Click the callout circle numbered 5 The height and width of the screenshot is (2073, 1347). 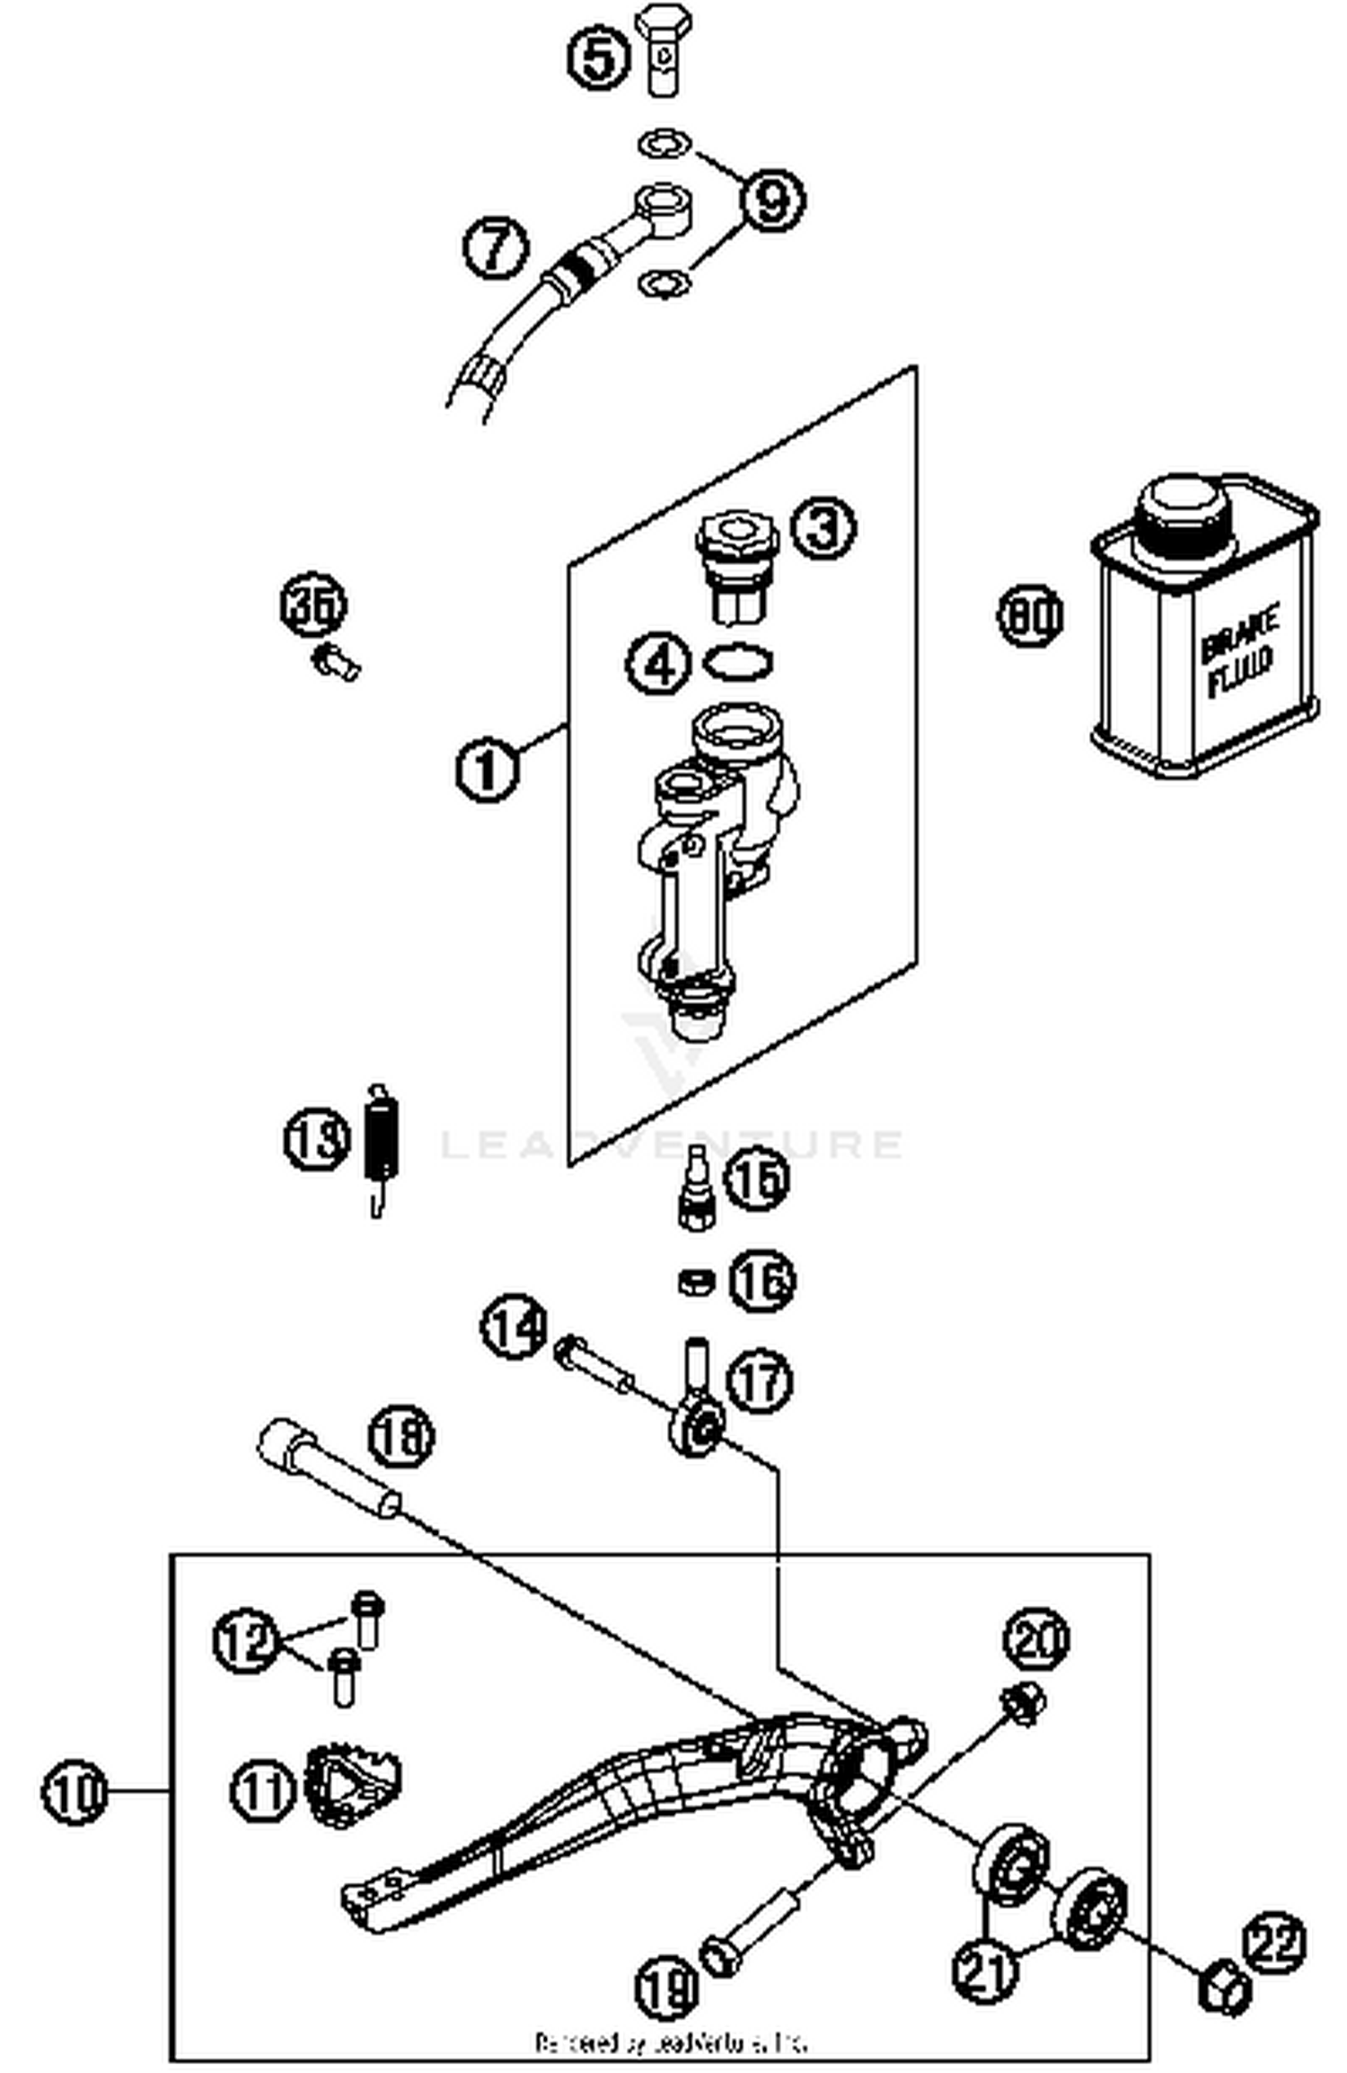pyautogui.click(x=598, y=59)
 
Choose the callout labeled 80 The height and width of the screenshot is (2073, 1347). pyautogui.click(x=1030, y=615)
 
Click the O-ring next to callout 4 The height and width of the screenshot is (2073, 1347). pyautogui.click(x=738, y=663)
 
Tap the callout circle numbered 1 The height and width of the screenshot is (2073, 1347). pyautogui.click(x=487, y=769)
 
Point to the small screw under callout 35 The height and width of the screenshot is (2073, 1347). pyautogui.click(x=335, y=662)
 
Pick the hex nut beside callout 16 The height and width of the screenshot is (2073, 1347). pyautogui.click(x=695, y=1281)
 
